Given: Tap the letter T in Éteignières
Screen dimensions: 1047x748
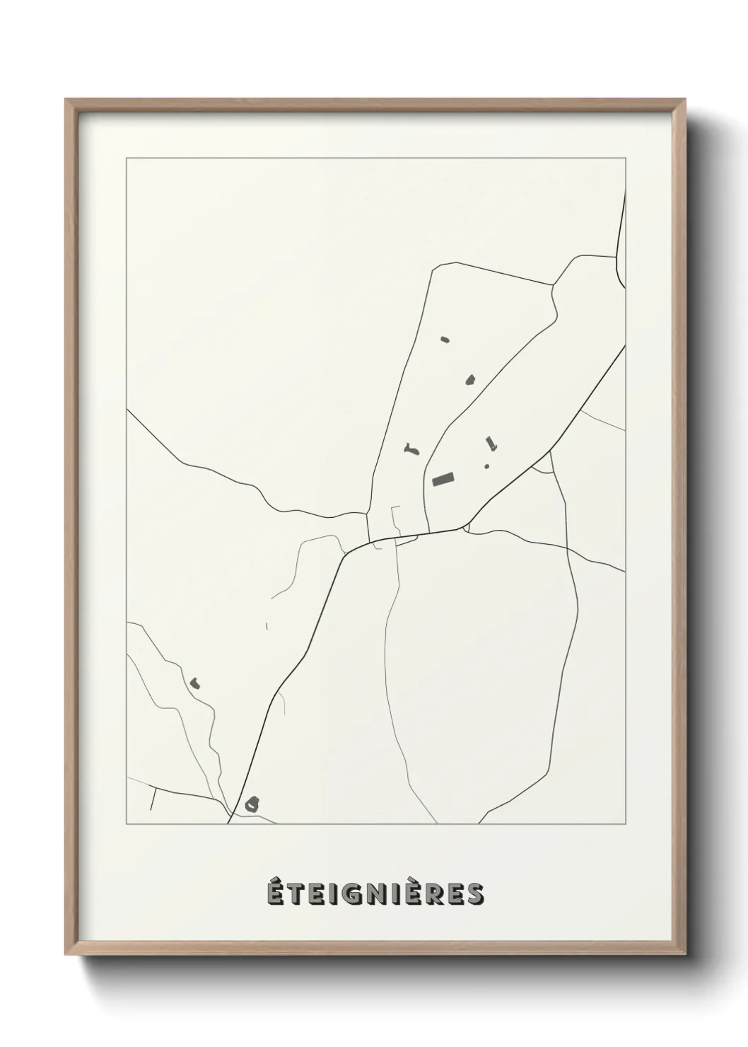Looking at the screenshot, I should pyautogui.click(x=298, y=893).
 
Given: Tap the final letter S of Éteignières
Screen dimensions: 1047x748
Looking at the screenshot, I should pyautogui.click(x=475, y=893).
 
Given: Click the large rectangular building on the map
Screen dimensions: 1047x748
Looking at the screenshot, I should pyautogui.click(x=443, y=480).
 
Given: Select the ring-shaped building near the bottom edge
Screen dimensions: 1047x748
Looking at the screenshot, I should pyautogui.click(x=252, y=804).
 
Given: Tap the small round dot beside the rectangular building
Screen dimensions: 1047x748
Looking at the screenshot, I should pyautogui.click(x=486, y=466).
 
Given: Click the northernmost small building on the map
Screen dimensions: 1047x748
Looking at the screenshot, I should pyautogui.click(x=444, y=340).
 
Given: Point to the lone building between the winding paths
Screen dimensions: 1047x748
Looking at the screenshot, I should pyautogui.click(x=194, y=683).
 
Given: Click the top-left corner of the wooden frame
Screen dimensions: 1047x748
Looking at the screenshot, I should pyautogui.click(x=66, y=100).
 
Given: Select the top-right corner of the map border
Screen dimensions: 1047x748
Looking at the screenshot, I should pyautogui.click(x=625, y=159).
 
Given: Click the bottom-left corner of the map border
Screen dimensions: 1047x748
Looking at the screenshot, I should pyautogui.click(x=127, y=824).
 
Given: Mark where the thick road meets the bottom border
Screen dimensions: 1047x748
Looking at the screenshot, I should pyautogui.click(x=228, y=823).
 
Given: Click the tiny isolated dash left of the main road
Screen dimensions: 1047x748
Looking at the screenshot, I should pyautogui.click(x=267, y=625).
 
